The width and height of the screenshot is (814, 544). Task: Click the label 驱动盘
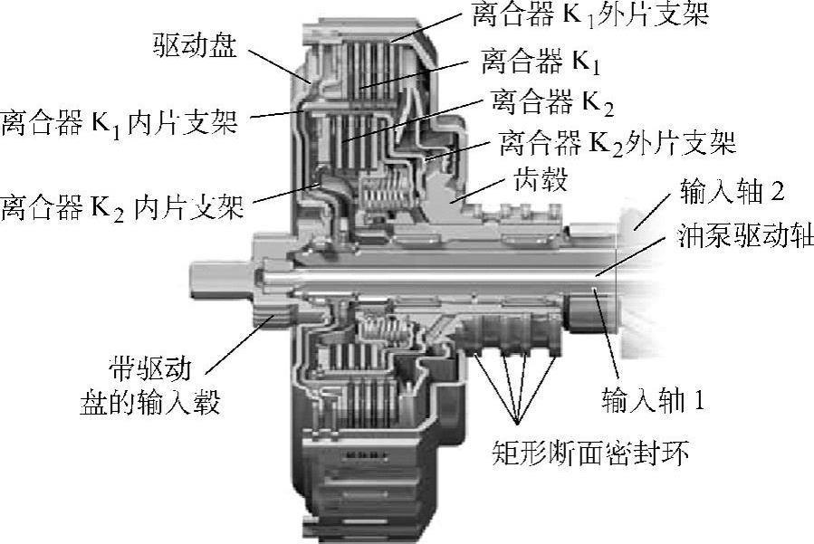[195, 44]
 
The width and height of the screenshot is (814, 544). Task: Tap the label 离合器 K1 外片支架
[590, 14]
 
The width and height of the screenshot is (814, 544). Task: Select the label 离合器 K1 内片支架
[119, 123]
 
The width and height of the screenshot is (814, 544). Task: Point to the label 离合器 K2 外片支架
[618, 142]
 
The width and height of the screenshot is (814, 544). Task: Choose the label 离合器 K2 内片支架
[122, 207]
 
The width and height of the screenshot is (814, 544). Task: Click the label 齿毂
[541, 179]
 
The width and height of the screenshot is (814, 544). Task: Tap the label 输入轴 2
[733, 192]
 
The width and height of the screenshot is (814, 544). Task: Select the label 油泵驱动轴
[745, 236]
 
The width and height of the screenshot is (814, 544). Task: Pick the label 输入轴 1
[653, 400]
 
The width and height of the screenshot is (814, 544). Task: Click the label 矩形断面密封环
[590, 452]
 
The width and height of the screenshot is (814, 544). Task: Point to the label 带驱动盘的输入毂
[150, 387]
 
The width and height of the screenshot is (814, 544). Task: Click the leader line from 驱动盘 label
[279, 66]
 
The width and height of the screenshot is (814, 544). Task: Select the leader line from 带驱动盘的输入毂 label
[240, 344]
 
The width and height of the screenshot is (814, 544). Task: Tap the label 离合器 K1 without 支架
[541, 61]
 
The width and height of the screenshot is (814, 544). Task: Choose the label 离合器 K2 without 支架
[552, 102]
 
